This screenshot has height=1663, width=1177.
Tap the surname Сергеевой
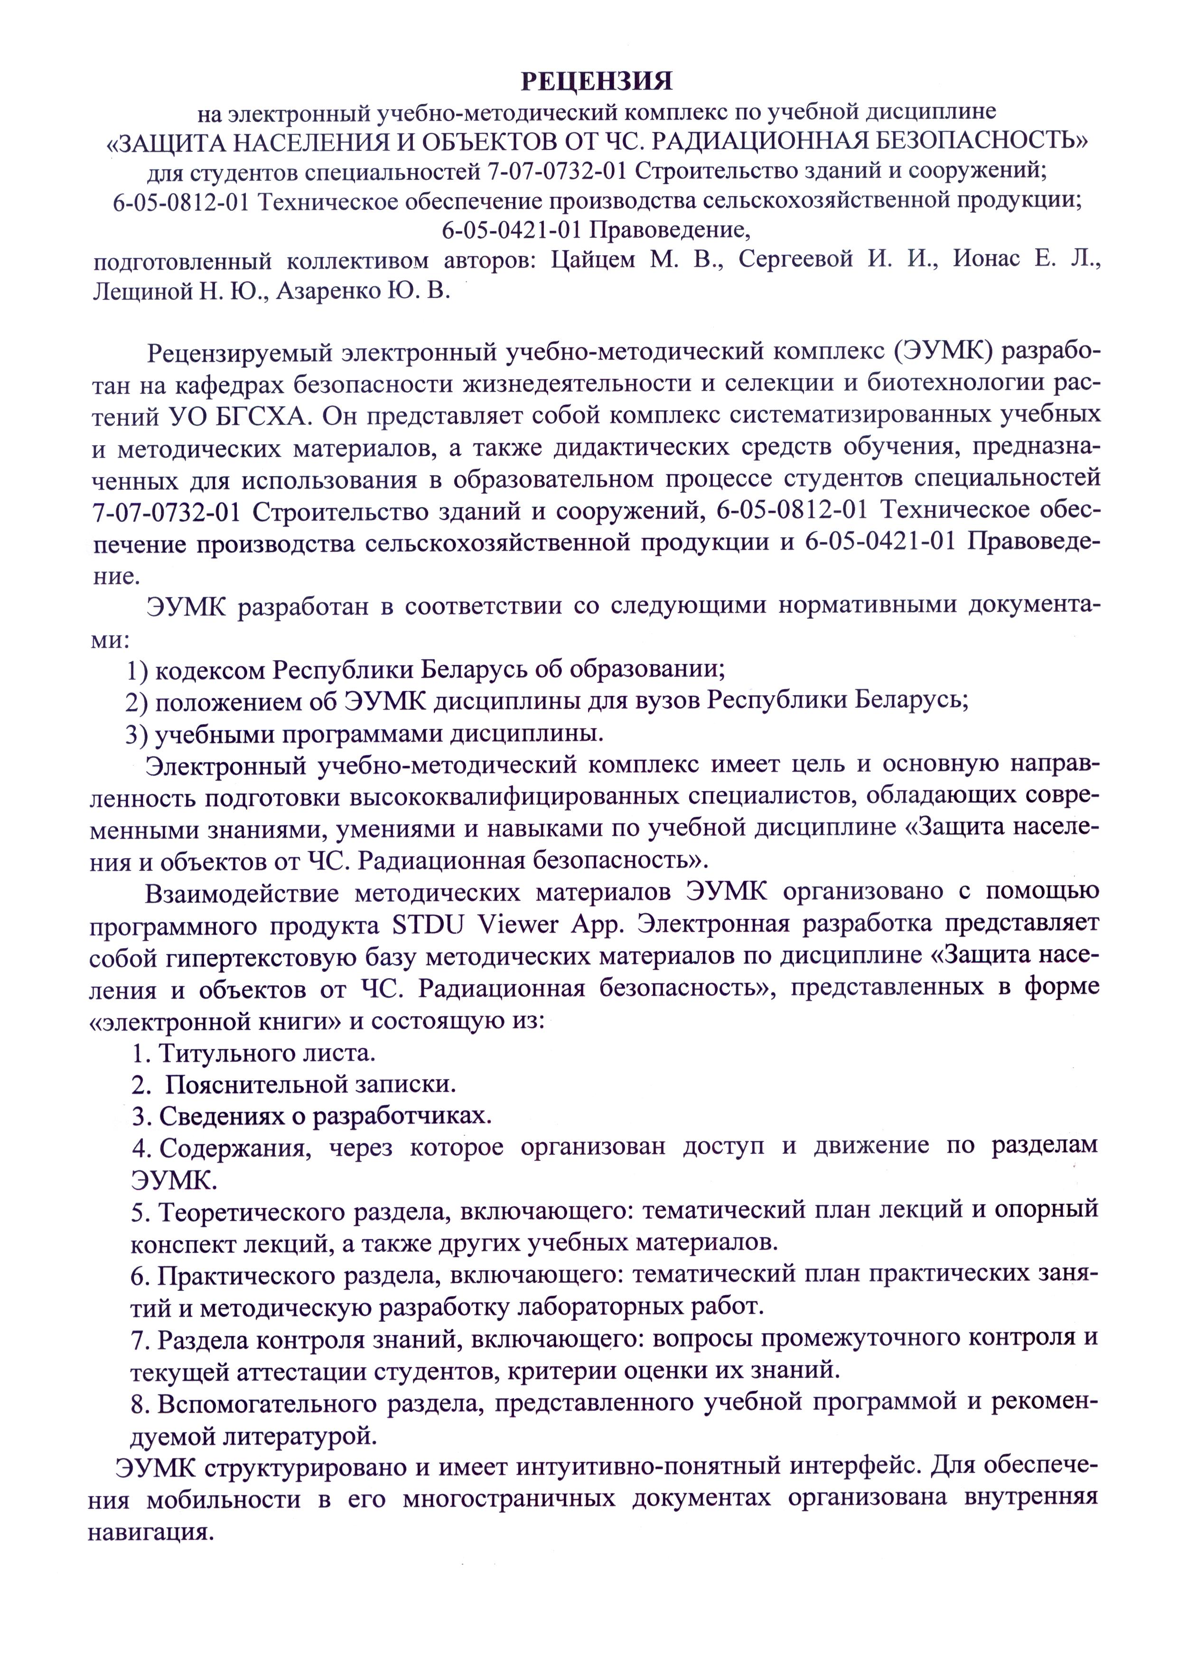[x=796, y=260]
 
